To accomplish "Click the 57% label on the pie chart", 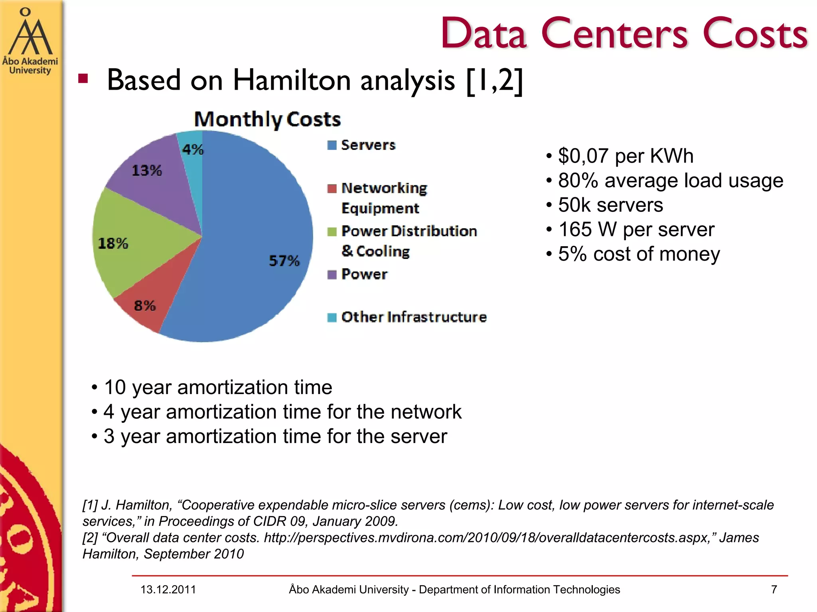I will (284, 261).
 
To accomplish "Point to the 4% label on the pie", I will (193, 149).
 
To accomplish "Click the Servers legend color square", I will (332, 145).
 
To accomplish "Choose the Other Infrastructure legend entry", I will (413, 317).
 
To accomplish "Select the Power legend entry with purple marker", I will (363, 274).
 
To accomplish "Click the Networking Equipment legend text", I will (383, 198).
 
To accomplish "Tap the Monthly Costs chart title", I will (267, 119).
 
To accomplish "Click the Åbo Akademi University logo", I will (30, 42).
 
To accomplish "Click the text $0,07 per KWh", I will (625, 156).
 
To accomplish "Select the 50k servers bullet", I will (610, 205).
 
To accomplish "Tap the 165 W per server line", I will (636, 229).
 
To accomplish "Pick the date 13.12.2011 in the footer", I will (168, 589).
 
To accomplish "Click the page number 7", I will (774, 589).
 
